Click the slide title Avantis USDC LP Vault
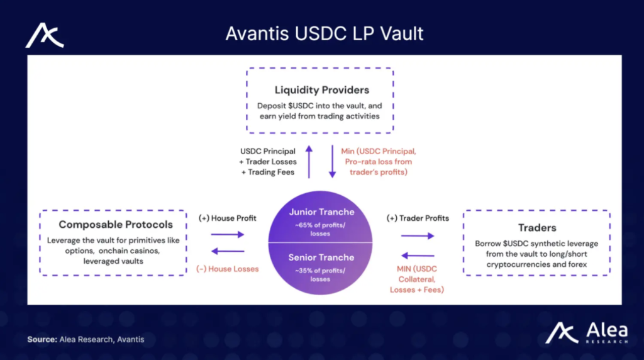pos(324,34)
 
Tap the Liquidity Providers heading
pos(322,90)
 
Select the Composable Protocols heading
pos(116,225)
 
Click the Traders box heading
pos(537,228)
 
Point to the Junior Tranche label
pos(321,212)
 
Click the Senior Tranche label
pos(321,257)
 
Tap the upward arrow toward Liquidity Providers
pos(309,162)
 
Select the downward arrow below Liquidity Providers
pos(332,162)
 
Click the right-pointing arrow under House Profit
pos(228,235)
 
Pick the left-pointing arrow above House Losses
pos(228,251)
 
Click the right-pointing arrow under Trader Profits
pos(418,236)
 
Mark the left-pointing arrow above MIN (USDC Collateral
pos(418,256)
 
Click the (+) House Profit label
pos(228,218)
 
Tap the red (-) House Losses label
pos(228,269)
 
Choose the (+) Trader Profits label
pos(418,218)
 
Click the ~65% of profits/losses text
pos(320,229)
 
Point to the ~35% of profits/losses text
pos(320,275)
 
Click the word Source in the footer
pos(42,339)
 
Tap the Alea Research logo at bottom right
pos(587,332)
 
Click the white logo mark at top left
pos(45,35)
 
